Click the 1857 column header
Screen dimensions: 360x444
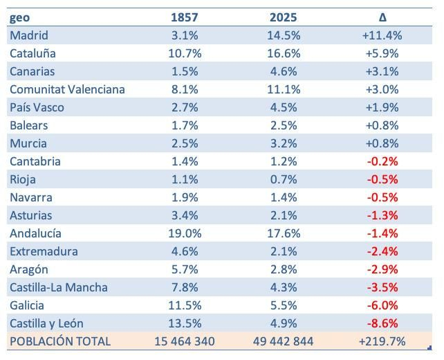click(185, 17)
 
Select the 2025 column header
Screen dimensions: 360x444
click(281, 17)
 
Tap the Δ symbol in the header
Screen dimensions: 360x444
click(382, 17)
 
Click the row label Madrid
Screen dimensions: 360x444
click(29, 35)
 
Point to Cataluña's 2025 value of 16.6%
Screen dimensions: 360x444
click(282, 53)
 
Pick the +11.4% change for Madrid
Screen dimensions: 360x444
click(382, 35)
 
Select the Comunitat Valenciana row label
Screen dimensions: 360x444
click(67, 89)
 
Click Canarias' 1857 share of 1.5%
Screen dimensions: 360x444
click(185, 71)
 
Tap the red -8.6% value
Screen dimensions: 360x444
click(382, 323)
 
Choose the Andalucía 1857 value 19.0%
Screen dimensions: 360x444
click(185, 233)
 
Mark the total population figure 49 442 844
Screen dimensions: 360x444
click(282, 341)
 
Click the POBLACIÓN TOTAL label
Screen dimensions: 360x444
click(60, 341)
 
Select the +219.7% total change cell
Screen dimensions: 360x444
click(382, 341)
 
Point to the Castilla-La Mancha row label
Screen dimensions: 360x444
click(59, 287)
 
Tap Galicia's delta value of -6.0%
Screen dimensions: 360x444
click(382, 305)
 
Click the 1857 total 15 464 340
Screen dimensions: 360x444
click(185, 341)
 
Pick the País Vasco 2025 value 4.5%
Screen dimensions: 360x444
click(282, 107)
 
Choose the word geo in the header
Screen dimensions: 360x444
click(20, 17)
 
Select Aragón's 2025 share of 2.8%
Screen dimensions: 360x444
click(282, 269)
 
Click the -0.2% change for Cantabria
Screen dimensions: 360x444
click(382, 161)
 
